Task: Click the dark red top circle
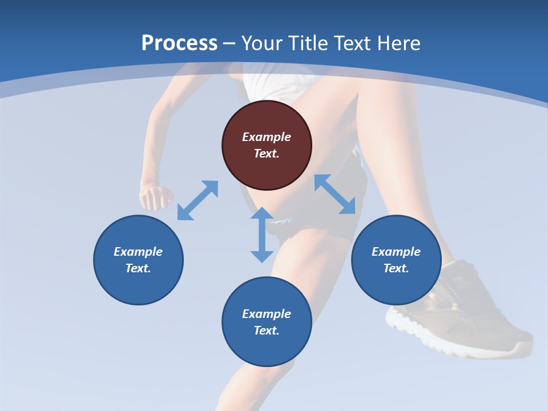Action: tap(267, 146)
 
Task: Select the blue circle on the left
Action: tap(138, 260)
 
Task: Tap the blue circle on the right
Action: tap(396, 260)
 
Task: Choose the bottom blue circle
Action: tap(267, 322)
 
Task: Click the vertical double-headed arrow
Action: tap(262, 235)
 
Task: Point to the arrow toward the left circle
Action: tap(198, 200)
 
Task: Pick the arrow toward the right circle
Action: tap(335, 194)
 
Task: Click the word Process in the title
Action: tap(179, 43)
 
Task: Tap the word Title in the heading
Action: tap(308, 43)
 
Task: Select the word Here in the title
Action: tap(399, 43)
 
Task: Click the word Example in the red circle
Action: tap(267, 137)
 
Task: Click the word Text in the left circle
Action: tap(138, 268)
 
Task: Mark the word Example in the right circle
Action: tap(396, 252)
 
